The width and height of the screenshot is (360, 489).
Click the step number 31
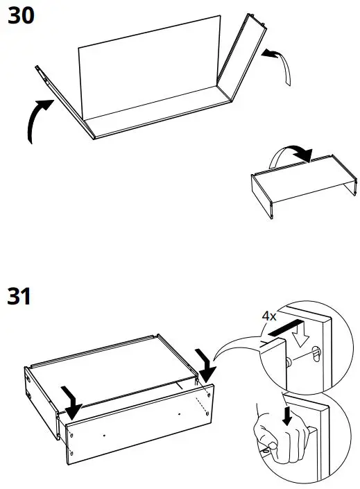pyautogui.click(x=20, y=297)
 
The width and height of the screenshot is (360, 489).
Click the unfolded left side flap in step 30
pyautogui.click(x=62, y=97)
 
